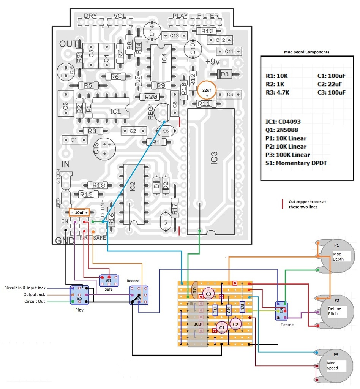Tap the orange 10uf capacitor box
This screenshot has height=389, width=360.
click(79, 212)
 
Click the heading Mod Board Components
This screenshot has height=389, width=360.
click(306, 52)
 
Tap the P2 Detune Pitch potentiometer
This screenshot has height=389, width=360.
click(336, 311)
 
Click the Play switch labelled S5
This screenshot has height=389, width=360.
click(79, 295)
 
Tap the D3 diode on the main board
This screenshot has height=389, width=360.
click(224, 74)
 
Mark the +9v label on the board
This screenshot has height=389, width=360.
click(213, 62)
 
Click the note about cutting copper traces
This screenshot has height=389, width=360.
click(307, 204)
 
